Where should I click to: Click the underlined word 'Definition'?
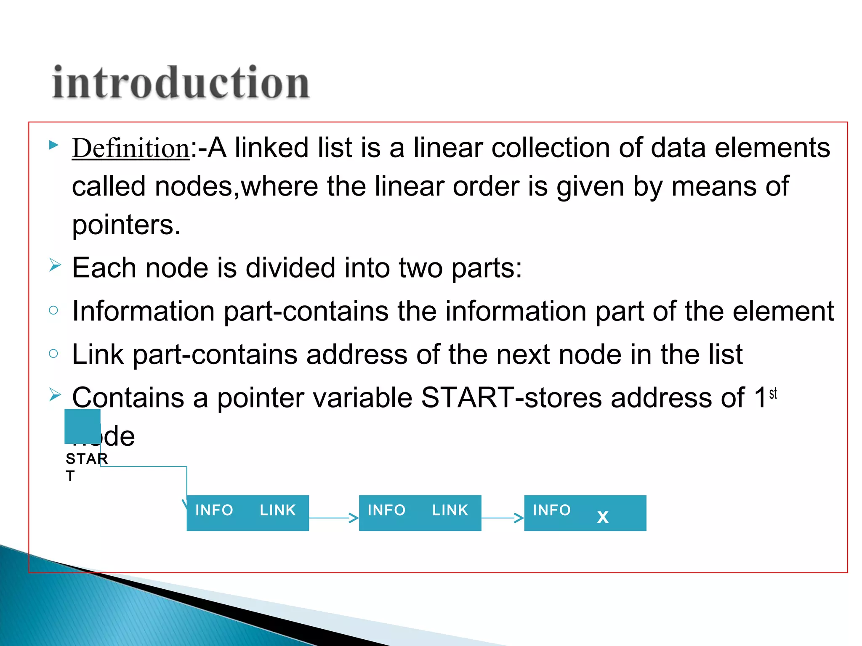coord(130,148)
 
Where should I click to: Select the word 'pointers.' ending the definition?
coord(126,225)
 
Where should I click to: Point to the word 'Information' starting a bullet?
coord(143,311)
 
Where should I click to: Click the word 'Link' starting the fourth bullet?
coord(98,355)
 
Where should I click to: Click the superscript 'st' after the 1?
coord(773,394)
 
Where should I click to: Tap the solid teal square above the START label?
coord(82,426)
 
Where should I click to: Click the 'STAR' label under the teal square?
coord(87,458)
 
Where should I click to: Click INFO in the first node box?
coord(214,510)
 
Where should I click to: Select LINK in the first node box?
coord(278,510)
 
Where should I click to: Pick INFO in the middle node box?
coord(386,510)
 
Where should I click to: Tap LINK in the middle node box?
coord(450,510)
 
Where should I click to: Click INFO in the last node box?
coord(552,510)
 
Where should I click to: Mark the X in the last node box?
coord(603,517)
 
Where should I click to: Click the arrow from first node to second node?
coord(334,518)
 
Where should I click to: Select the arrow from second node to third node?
coord(503,518)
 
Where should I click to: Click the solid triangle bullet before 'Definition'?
coord(53,146)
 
